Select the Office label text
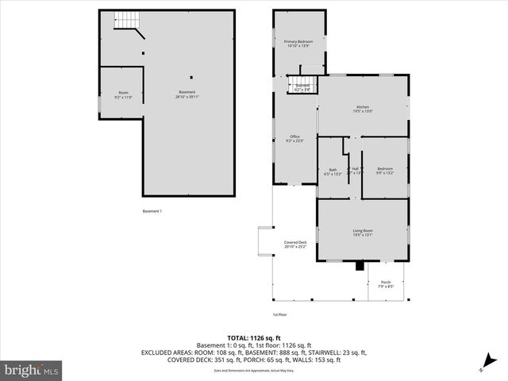click(x=294, y=138)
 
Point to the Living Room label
click(x=363, y=232)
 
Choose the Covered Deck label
click(x=295, y=244)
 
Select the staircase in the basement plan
click(x=127, y=21)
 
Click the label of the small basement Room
click(x=123, y=94)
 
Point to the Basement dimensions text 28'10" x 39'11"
click(x=187, y=97)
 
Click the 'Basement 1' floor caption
click(x=152, y=211)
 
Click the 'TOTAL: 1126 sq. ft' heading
click(x=253, y=337)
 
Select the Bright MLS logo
click(x=32, y=370)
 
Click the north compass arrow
click(x=483, y=367)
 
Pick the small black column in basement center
click(x=191, y=78)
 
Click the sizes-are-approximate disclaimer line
click(x=253, y=371)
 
